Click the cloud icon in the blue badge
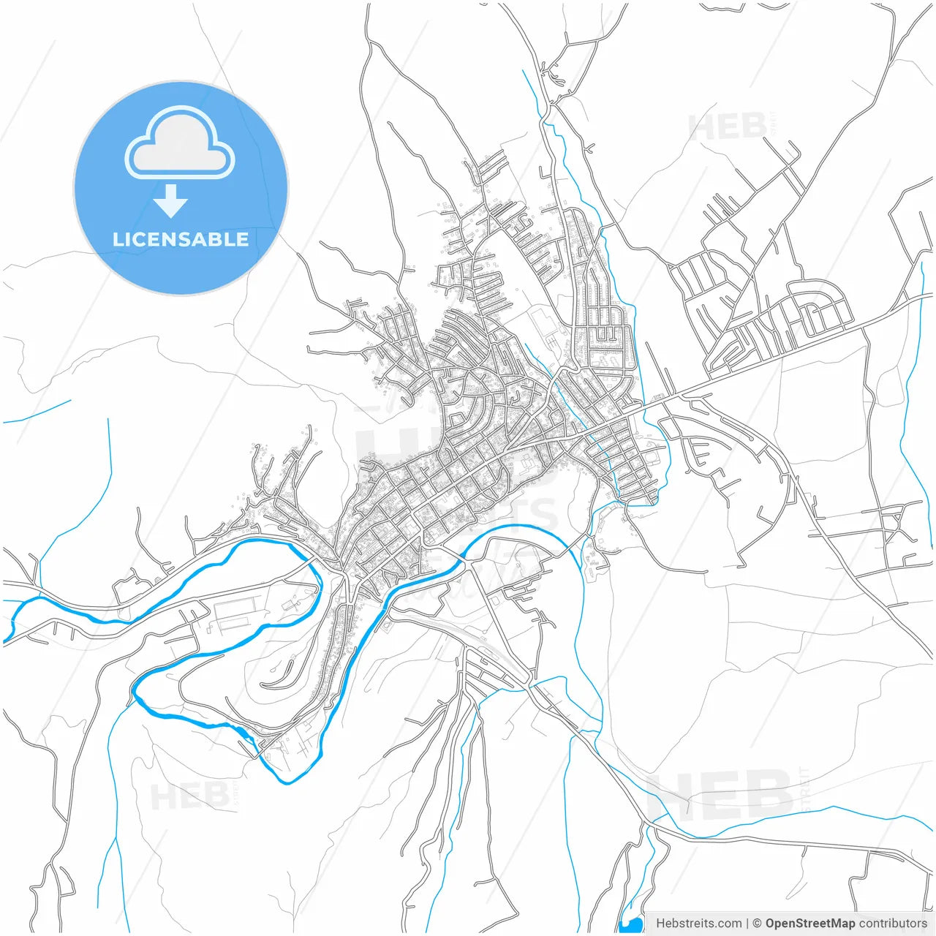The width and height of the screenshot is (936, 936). click(180, 143)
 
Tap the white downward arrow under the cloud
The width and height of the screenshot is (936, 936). click(171, 200)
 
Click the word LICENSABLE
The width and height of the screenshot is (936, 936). click(181, 239)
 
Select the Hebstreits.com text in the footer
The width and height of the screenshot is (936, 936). click(698, 924)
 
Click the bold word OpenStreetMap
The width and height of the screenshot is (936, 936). click(810, 924)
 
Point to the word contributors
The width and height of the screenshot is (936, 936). click(893, 924)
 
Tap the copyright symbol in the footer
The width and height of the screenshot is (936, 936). click(757, 924)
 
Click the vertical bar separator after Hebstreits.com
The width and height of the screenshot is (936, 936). click(747, 924)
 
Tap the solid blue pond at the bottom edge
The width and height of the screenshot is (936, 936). click(630, 924)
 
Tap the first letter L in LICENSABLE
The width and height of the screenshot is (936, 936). click(117, 239)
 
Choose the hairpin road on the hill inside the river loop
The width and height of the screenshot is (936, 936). click(282, 676)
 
